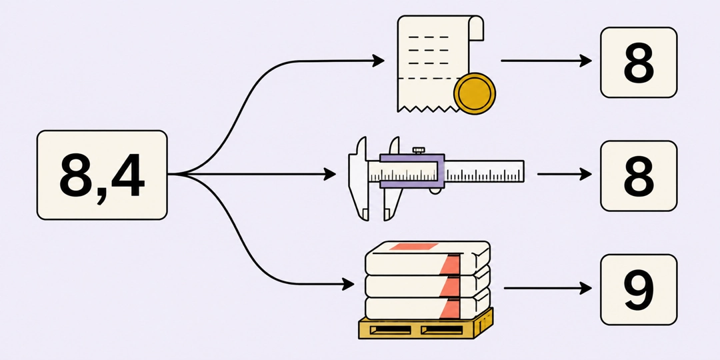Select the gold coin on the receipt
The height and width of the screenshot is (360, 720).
click(475, 94)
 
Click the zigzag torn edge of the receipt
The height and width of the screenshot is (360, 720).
click(428, 109)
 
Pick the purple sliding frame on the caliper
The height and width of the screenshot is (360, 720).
click(412, 171)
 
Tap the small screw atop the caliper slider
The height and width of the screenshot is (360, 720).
click(418, 151)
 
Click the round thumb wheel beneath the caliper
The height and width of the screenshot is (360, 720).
click(435, 190)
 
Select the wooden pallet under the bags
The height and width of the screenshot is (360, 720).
click(425, 325)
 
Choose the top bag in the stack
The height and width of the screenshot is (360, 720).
click(427, 257)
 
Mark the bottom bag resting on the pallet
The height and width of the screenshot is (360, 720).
click(427, 307)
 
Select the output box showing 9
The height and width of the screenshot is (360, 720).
click(639, 290)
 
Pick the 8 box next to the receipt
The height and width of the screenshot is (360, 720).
click(639, 63)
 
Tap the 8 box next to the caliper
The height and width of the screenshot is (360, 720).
click(639, 176)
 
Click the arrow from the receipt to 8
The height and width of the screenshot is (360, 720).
click(547, 60)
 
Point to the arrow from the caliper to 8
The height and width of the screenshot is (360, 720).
click(565, 174)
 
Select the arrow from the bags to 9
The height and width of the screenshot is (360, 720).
click(548, 288)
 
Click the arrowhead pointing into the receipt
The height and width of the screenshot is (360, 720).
click(379, 60)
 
